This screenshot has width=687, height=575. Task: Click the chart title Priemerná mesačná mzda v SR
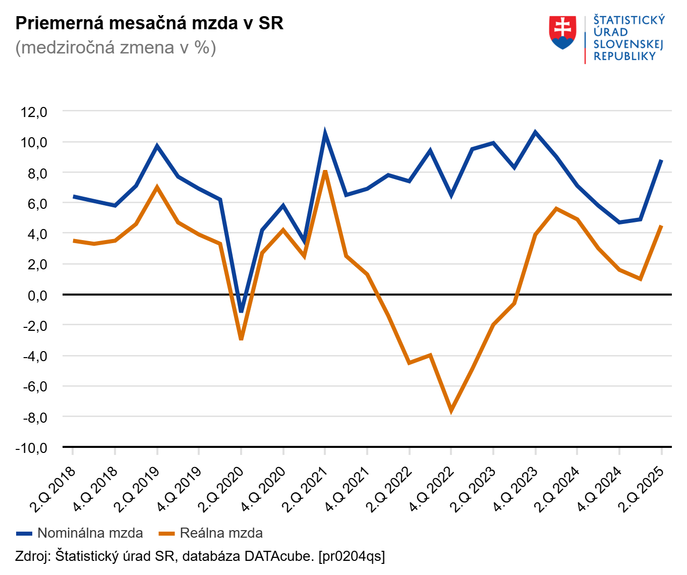(149, 23)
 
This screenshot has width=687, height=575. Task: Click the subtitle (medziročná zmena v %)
(116, 47)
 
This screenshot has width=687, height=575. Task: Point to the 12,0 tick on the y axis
(34, 111)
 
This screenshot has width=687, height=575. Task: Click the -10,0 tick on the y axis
(31, 448)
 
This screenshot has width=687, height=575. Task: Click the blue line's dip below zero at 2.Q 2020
(241, 311)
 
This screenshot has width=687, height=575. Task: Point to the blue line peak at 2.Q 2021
(325, 134)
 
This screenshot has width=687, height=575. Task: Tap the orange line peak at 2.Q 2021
(325, 172)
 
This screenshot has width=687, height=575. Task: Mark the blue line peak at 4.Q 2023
(535, 133)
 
